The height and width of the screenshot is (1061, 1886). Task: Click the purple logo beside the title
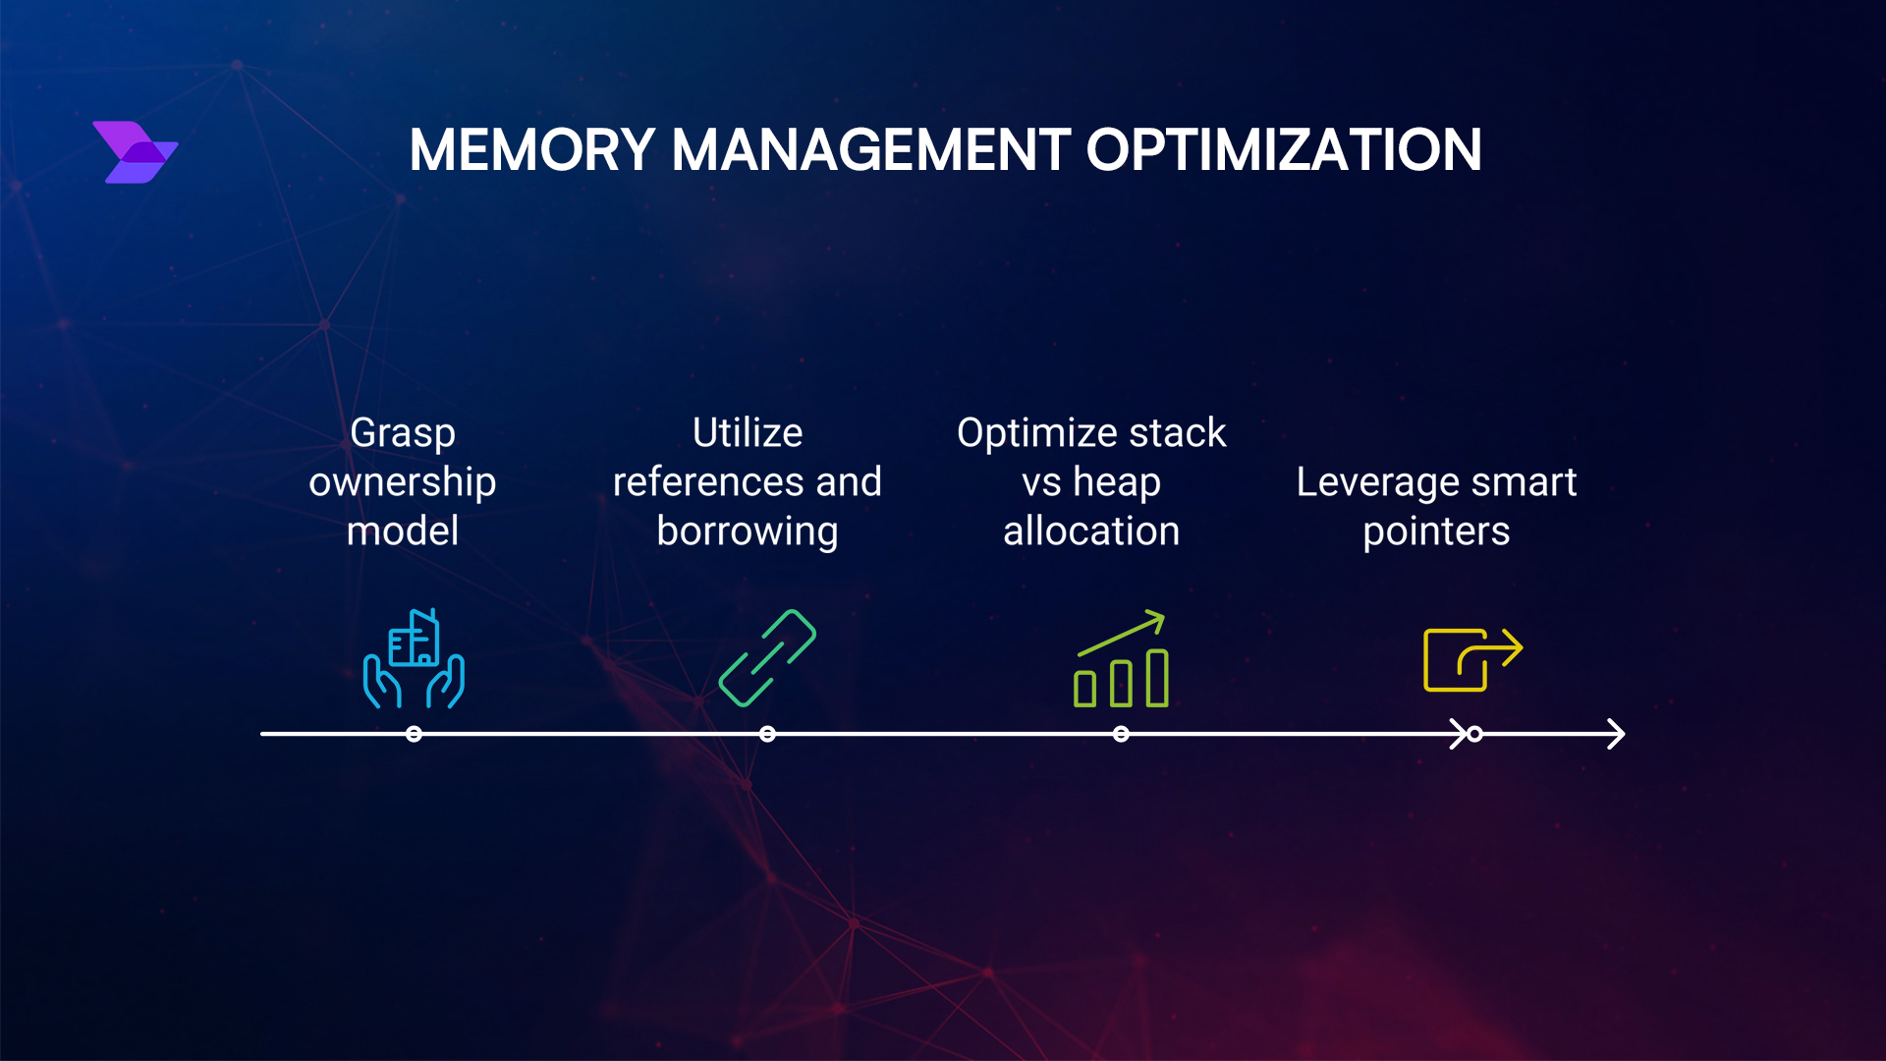tap(136, 152)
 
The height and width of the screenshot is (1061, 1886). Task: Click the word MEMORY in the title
tap(531, 150)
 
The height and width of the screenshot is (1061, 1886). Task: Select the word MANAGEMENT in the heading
tap(870, 150)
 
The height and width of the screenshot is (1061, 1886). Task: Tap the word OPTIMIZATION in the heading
tap(1283, 150)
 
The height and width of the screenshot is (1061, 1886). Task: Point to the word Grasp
tap(403, 433)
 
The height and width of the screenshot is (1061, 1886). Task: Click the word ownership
tap(403, 482)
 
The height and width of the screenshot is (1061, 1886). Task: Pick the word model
tap(403, 531)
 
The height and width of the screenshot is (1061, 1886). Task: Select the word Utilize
tap(748, 433)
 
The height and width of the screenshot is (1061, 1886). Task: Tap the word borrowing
tap(748, 531)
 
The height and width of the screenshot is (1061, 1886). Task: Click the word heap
tap(1117, 482)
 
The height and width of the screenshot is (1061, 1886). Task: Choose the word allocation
tap(1091, 531)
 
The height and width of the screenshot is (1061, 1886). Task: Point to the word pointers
tap(1436, 531)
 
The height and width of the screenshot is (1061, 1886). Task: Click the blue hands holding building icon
tap(414, 658)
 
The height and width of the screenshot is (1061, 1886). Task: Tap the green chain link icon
tap(767, 658)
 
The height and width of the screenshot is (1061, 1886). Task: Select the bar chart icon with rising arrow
tap(1121, 659)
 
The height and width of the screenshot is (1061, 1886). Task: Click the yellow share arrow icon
tap(1471, 659)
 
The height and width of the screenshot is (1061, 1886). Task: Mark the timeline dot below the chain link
tap(767, 734)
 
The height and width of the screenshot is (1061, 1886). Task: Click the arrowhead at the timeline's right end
tap(1616, 734)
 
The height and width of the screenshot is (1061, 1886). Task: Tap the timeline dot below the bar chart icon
tap(1121, 734)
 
